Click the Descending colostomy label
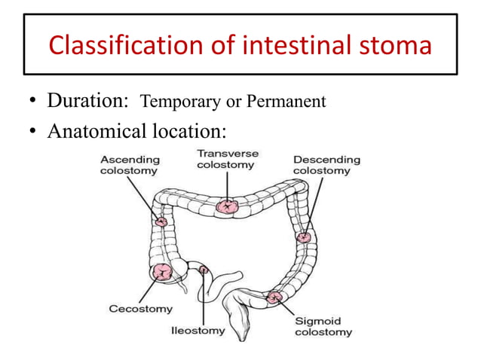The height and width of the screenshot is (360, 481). coord(326,165)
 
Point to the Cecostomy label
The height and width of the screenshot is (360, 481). coord(140,309)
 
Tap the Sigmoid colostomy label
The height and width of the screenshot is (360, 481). coord(323,326)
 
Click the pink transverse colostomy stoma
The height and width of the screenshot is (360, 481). coord(226,205)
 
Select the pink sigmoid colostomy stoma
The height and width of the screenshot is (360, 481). coord(274,298)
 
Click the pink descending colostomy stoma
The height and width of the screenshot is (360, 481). coord(303,237)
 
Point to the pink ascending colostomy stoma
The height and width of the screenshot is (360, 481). coord(161,221)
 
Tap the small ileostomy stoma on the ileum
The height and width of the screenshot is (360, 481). coord(203,268)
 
